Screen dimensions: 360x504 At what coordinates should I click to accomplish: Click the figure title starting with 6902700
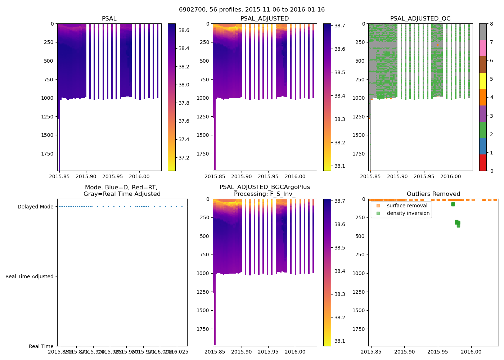[252, 10]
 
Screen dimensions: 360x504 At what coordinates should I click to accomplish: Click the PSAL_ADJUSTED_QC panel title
[420, 19]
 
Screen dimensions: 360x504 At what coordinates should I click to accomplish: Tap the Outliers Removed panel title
[433, 194]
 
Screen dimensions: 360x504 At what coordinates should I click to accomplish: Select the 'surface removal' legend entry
[407, 206]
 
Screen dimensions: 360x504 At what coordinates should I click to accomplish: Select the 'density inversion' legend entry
[408, 213]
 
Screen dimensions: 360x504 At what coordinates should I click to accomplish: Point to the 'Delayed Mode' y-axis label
[35, 207]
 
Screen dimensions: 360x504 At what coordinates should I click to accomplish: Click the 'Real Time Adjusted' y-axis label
[29, 276]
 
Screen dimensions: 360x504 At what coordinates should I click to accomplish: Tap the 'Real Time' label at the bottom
[41, 346]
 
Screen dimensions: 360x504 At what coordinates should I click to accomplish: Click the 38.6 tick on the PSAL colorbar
[184, 30]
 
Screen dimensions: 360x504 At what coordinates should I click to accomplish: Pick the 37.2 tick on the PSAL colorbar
[184, 158]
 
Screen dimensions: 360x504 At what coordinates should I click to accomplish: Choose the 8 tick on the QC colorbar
[491, 24]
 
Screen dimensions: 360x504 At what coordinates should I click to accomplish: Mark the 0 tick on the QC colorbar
[491, 171]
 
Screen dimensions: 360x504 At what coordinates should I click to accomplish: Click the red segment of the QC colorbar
[483, 162]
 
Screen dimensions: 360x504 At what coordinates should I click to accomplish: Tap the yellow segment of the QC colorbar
[483, 81]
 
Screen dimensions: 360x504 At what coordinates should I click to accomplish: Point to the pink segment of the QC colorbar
[483, 48]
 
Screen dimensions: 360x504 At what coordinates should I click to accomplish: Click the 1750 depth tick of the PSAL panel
[46, 154]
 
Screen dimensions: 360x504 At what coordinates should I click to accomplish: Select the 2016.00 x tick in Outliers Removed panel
[471, 352]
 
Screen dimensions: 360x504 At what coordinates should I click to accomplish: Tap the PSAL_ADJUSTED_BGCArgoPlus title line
[265, 187]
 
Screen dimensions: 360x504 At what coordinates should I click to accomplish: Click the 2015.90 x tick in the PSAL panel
[86, 176]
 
